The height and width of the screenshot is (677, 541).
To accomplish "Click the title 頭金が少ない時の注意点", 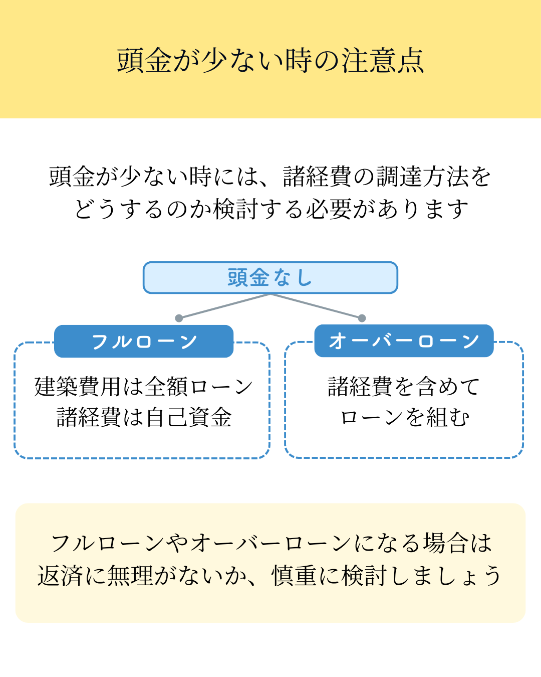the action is (x=270, y=60).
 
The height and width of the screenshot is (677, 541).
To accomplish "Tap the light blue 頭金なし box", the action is (x=270, y=277).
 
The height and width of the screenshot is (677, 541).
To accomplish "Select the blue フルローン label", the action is (x=144, y=342).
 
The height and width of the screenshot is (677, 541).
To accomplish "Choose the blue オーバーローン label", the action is (x=404, y=341).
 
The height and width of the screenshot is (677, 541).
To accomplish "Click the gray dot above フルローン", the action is (x=179, y=318).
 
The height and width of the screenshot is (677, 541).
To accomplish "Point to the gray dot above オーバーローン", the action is (x=362, y=318).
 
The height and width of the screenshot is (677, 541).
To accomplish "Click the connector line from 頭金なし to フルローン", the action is (x=224, y=306).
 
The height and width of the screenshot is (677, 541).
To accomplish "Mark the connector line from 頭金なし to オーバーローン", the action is (x=316, y=306).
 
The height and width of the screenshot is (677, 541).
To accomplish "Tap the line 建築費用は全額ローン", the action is (x=144, y=387).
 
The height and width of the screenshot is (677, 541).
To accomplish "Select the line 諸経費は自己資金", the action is (x=144, y=417).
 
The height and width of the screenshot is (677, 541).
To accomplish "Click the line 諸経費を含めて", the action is (x=404, y=386).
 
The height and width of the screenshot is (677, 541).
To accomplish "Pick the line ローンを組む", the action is (x=405, y=417).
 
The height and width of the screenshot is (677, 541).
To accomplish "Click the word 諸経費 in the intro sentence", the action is (x=317, y=177).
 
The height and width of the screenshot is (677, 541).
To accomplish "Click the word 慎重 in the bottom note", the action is (x=294, y=576).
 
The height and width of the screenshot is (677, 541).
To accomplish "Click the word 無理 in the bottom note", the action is (x=130, y=576).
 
